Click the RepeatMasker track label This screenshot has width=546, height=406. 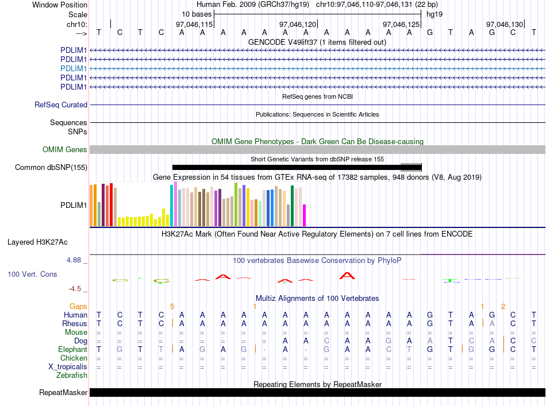tap(63, 392)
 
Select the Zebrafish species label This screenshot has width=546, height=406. tap(72, 376)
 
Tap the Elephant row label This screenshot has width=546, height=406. tap(72, 349)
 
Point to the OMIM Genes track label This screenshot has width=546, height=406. tap(64, 150)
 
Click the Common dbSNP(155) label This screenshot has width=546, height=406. tap(51, 167)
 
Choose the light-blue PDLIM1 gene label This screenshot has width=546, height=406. tap(74, 68)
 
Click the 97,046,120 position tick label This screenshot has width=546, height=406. tap(298, 24)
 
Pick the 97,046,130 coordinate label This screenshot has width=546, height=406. tap(505, 24)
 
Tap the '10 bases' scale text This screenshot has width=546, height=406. tap(197, 14)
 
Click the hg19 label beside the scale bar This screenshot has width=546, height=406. tap(435, 14)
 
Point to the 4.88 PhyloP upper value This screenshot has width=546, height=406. tap(74, 260)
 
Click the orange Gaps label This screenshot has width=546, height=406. tap(78, 306)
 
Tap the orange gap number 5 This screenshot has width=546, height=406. tap(172, 307)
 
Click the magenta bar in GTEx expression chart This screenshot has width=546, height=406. tap(305, 215)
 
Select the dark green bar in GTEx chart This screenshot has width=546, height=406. tap(292, 206)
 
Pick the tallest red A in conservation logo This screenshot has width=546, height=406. tap(347, 276)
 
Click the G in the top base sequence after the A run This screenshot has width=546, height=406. tap(430, 32)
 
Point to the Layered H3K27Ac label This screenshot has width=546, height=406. tap(37, 242)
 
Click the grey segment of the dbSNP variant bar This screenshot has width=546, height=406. tap(411, 167)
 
